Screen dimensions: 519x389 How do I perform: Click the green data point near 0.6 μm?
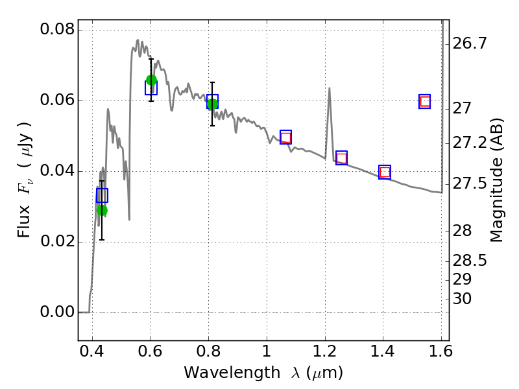coord(151,80)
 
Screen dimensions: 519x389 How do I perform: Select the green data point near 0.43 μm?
coord(103,210)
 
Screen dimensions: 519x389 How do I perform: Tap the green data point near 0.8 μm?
coord(213,104)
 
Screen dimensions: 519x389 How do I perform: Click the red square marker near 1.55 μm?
coord(425,102)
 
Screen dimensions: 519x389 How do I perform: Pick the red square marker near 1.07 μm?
coord(285,137)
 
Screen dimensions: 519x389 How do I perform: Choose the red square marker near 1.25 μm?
coord(342,158)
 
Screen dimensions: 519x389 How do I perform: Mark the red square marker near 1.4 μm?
coord(385,172)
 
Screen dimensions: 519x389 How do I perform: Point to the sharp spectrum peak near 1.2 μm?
coord(330,88)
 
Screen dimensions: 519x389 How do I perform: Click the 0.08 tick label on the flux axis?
coord(58,29)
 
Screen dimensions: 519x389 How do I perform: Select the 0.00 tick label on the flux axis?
coord(58,312)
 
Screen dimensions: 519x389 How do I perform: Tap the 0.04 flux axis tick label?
coord(58,171)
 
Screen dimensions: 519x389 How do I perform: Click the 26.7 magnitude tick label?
coord(470,43)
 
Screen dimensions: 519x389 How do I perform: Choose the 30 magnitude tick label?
coord(462,299)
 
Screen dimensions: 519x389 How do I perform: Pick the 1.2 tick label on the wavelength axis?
coord(325,351)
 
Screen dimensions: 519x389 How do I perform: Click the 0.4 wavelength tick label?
coord(92,351)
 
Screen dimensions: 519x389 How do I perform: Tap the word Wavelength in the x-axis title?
coord(232,373)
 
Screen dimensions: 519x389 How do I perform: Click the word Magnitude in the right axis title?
coord(496,200)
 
